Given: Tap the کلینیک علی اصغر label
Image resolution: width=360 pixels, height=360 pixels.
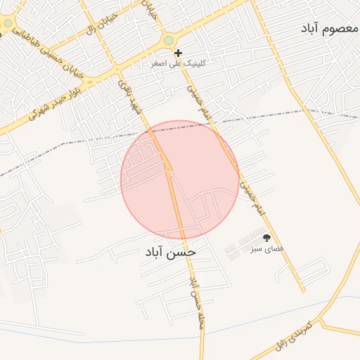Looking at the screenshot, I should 179,63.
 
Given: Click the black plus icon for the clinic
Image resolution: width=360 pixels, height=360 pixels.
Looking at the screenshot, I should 179,53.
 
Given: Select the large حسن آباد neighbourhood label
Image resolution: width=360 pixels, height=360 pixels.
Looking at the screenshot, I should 171,251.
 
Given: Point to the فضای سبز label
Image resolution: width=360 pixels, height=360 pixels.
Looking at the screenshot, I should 268,249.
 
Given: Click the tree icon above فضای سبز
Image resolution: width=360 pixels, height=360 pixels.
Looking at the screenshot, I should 266,238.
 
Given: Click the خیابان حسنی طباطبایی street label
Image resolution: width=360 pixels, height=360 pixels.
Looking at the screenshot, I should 39,53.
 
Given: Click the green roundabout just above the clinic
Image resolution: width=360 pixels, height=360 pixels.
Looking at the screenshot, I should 168,41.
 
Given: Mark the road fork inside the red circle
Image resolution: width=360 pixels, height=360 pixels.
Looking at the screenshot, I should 169,169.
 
